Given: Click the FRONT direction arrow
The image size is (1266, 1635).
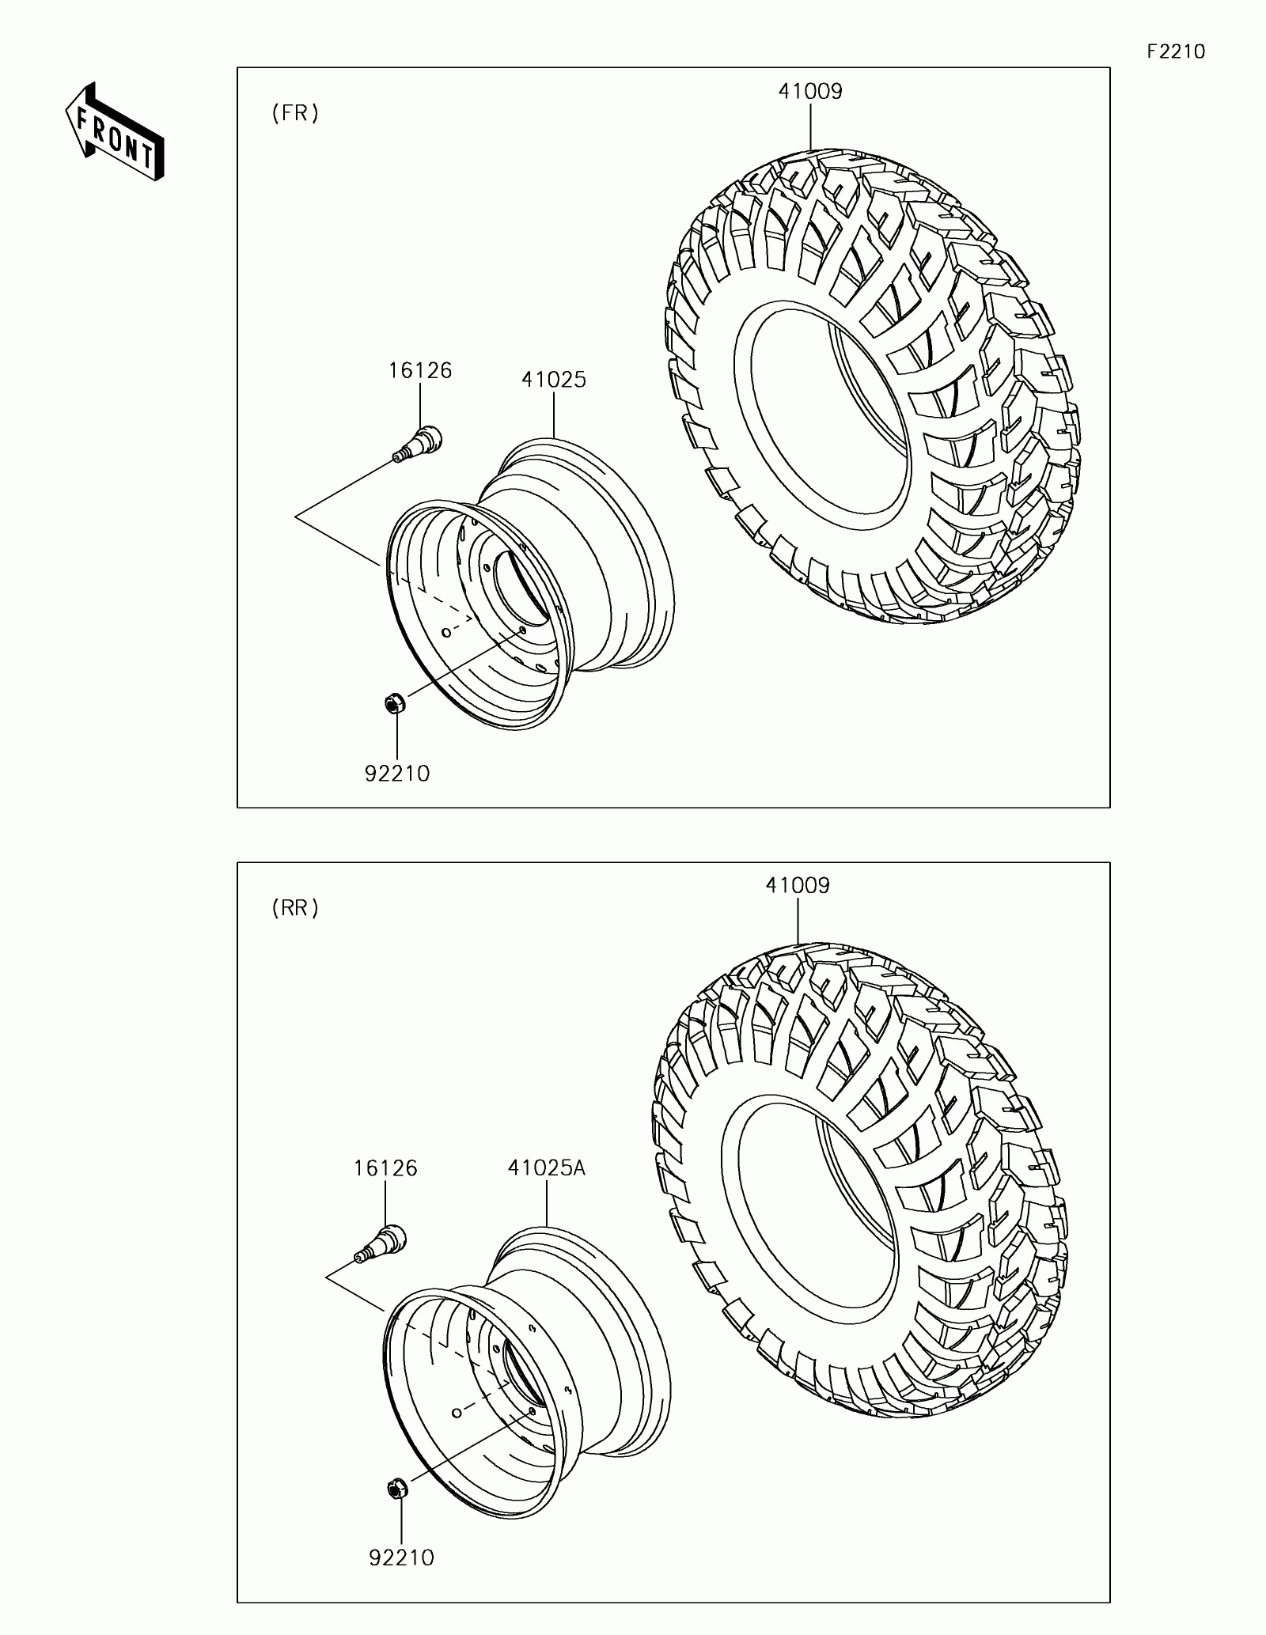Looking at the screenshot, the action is click(114, 131).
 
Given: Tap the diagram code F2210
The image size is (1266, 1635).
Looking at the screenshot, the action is click(1176, 51).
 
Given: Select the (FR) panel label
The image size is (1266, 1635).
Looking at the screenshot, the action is click(295, 114).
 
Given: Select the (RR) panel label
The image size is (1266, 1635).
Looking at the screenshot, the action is click(295, 908).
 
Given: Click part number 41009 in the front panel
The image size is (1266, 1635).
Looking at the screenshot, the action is click(810, 91).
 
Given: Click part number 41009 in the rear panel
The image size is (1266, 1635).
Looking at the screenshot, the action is click(798, 885).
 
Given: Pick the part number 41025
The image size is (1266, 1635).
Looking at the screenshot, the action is click(554, 380).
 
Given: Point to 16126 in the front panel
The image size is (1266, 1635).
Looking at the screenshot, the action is click(420, 370).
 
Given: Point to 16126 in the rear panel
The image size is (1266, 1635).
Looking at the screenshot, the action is click(385, 1168).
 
